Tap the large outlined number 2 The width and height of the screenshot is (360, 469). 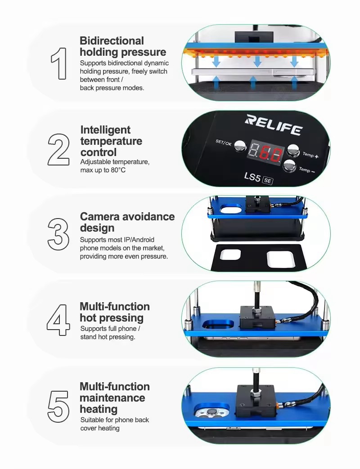(58, 150)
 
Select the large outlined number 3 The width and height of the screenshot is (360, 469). (58, 234)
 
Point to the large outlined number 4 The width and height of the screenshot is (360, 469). (58, 320)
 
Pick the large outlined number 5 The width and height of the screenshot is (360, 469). (58, 406)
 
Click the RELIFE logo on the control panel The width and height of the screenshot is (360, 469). (274, 125)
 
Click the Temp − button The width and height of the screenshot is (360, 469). (289, 165)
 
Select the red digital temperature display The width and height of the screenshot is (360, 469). (265, 152)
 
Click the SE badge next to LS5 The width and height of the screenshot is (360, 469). (268, 181)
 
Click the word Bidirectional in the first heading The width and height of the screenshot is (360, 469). (112, 40)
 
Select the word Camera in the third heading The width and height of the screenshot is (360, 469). (100, 217)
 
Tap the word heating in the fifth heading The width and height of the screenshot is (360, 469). (99, 409)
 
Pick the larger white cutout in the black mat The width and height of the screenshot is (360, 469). (281, 259)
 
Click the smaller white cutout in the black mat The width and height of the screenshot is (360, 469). (230, 255)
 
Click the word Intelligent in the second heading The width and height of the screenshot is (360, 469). (105, 130)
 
